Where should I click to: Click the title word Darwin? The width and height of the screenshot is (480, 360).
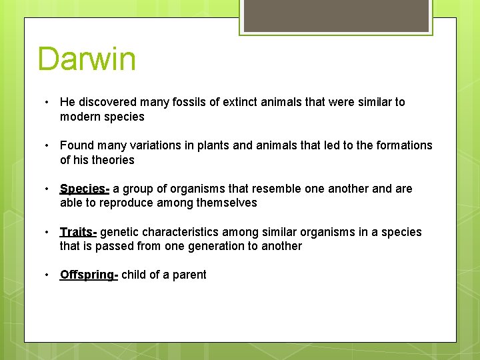click(x=87, y=59)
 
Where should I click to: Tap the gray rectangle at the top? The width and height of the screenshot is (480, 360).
click(x=336, y=15)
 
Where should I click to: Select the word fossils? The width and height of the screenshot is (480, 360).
click(x=180, y=102)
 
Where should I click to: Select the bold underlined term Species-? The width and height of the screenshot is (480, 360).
click(x=85, y=189)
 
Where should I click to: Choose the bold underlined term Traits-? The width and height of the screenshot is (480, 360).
click(x=78, y=232)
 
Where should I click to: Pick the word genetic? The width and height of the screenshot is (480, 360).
click(x=120, y=232)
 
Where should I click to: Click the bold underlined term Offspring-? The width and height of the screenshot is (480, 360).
click(x=89, y=275)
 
